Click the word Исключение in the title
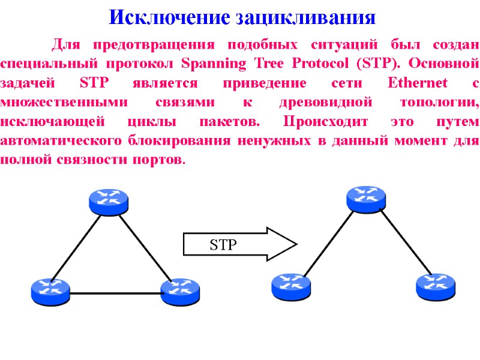157,16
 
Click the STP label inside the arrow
223,244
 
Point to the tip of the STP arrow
296,244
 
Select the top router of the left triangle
108,200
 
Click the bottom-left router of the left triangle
50,291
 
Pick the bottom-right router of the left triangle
180,291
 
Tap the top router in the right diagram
366,199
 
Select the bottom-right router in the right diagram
435,286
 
